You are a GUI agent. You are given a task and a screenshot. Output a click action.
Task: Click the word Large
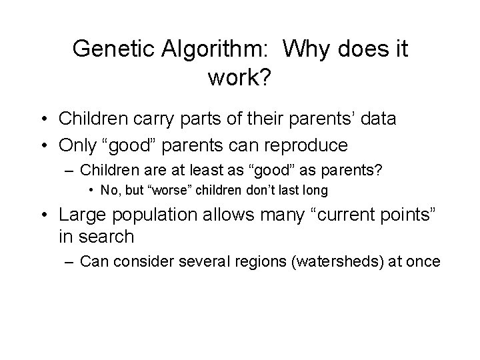[x=84, y=215]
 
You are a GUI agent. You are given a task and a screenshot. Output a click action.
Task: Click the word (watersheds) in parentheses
[x=317, y=261]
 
